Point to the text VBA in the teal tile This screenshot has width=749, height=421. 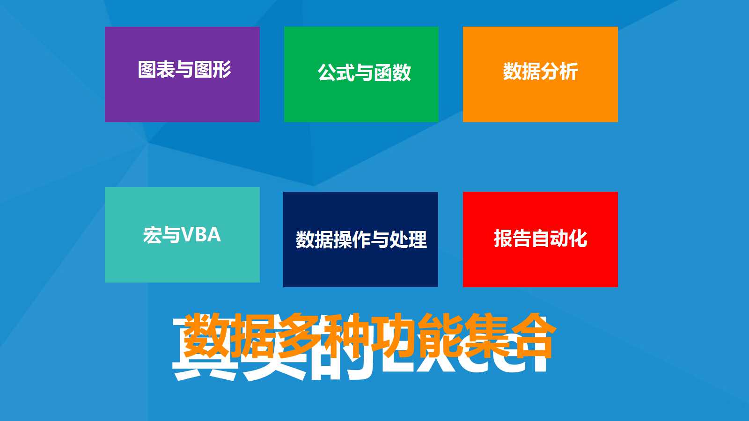click(x=201, y=235)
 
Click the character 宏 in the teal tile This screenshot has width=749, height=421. click(x=153, y=235)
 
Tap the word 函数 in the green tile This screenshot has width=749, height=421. click(x=392, y=73)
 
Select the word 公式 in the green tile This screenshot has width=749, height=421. click(x=336, y=73)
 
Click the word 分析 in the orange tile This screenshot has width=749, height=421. click(x=559, y=72)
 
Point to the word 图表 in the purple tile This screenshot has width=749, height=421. click(x=156, y=69)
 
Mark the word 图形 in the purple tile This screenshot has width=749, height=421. click(x=213, y=69)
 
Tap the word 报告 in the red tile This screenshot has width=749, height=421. click(x=512, y=239)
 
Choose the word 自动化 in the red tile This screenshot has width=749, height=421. click(x=559, y=239)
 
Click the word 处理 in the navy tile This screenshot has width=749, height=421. click(x=408, y=240)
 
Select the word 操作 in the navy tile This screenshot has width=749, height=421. click(x=343, y=240)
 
